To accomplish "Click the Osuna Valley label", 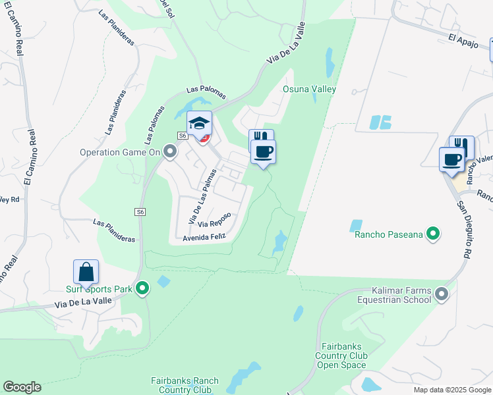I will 309,89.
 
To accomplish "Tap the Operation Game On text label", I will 121,152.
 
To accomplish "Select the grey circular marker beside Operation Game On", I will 171,152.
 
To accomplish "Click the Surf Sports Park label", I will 100,288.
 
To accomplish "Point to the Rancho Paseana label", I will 388,234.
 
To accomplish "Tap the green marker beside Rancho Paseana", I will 433,233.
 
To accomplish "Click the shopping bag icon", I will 86,272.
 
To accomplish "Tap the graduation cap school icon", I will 199,123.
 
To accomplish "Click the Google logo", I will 22,387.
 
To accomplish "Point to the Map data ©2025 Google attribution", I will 452,390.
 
